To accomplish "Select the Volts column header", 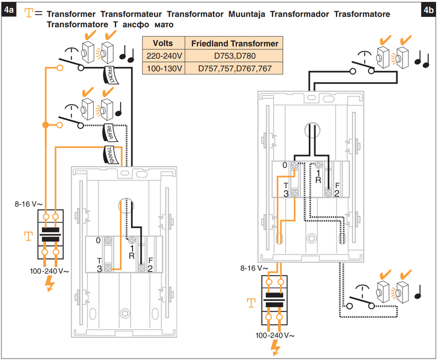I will (163, 43).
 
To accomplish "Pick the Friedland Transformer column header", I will (234, 43).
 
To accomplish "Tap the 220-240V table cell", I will (163, 56).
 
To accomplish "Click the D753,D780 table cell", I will (234, 56).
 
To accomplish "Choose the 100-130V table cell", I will (163, 68).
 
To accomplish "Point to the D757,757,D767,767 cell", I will (234, 68).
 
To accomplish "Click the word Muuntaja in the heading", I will (243, 14).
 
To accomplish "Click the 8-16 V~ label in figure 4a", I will (28, 204).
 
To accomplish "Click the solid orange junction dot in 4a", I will (45, 125).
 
